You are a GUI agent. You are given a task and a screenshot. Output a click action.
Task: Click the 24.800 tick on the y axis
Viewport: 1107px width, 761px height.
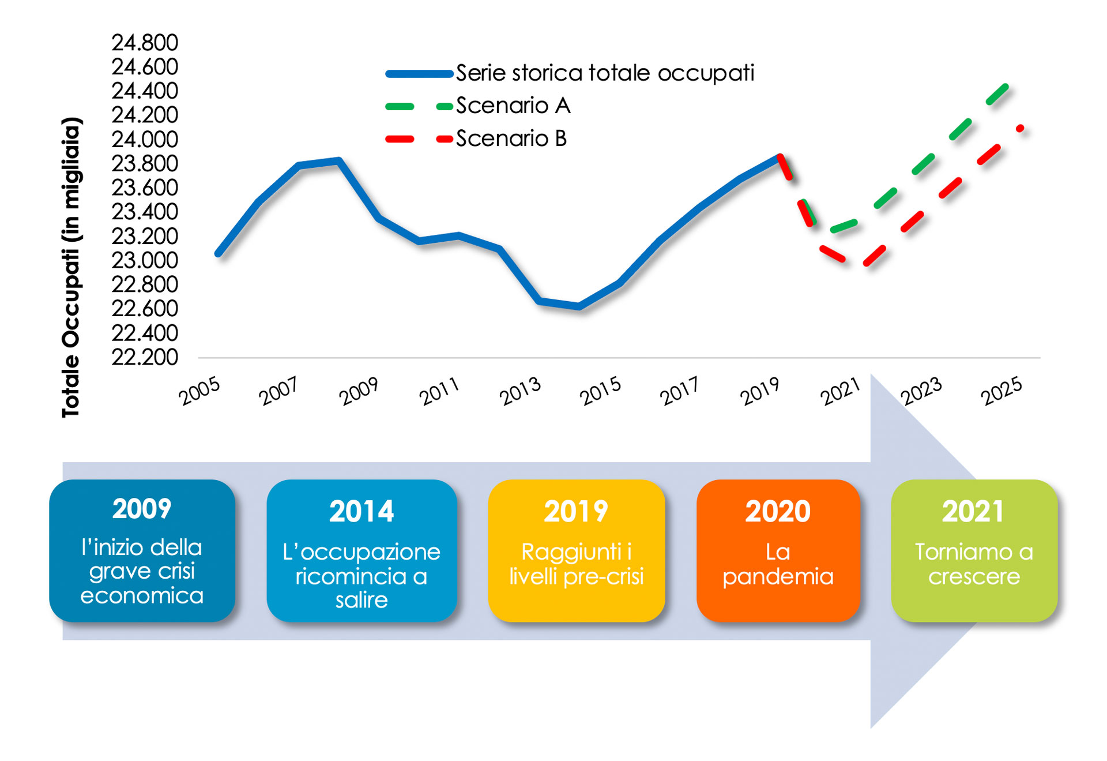145,43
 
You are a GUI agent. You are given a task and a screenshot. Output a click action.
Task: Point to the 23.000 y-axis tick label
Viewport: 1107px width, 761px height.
145,261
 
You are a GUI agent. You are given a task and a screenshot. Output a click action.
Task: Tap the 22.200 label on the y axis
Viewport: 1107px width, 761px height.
145,358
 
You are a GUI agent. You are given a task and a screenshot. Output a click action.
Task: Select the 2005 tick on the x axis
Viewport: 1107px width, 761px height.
199,391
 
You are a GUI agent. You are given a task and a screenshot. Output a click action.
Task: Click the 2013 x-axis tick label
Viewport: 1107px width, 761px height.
520,391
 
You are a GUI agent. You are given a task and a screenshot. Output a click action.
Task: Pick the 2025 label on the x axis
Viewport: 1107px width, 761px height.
1001,391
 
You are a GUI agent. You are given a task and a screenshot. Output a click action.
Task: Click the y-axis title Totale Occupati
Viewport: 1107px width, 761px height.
71,268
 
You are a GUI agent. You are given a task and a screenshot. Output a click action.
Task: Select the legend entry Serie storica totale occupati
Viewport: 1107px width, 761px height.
605,73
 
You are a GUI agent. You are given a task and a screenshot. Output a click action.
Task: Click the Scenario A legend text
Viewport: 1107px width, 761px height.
513,106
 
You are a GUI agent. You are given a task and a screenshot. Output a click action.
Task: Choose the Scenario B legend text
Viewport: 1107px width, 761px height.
511,138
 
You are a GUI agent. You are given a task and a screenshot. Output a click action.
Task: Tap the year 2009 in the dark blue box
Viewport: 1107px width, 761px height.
142,509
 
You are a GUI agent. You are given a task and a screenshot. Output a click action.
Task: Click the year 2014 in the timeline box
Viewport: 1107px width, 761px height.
362,511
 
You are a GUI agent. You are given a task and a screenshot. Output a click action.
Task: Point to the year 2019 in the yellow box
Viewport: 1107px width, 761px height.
576,511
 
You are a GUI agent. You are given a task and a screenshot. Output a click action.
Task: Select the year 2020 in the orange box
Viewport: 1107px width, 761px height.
778,511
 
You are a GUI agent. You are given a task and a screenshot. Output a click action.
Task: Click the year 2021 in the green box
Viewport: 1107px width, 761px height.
973,511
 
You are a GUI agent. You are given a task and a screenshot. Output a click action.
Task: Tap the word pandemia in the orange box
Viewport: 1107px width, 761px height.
778,577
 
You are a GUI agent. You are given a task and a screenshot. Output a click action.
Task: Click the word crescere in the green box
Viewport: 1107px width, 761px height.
974,576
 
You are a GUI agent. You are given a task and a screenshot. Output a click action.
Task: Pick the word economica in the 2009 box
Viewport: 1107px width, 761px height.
142,596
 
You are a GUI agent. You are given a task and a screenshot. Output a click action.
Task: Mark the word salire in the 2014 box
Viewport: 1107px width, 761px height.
362,600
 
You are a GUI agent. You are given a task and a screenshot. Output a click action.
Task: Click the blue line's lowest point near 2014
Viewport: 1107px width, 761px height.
579,306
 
